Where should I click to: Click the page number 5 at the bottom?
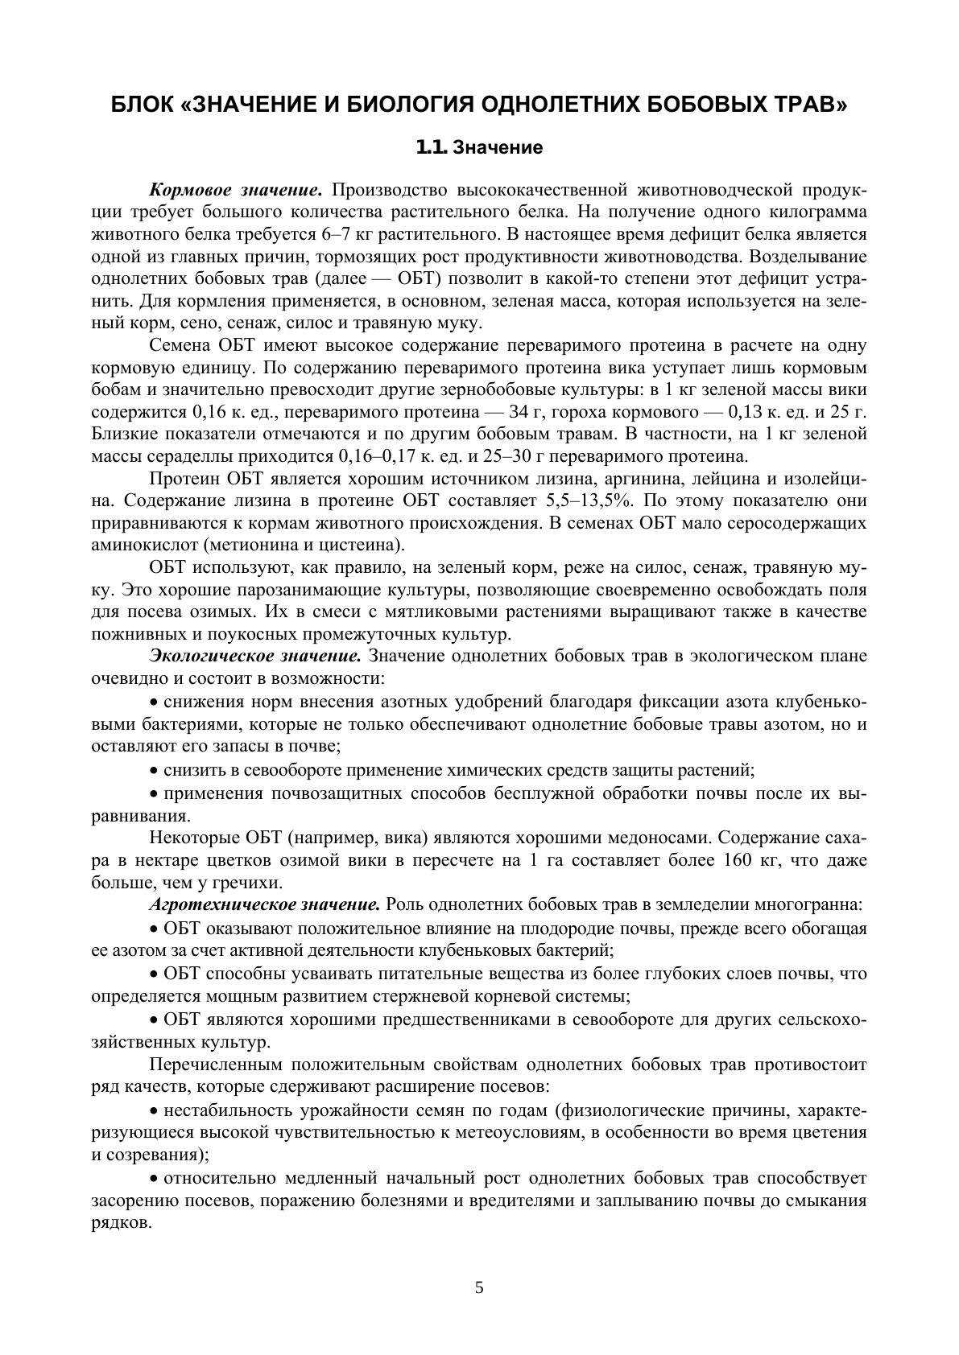click(x=479, y=1287)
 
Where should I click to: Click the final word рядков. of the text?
click(x=121, y=1222)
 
